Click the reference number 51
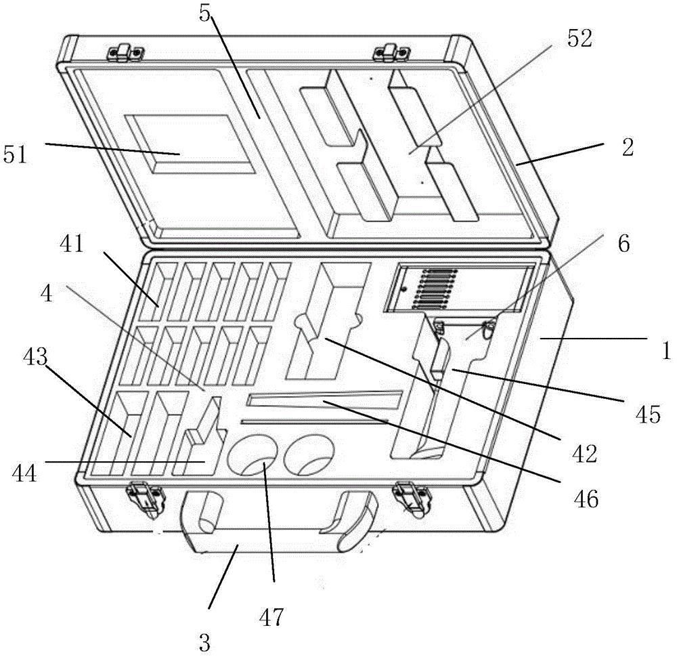16,154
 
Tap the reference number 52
580,39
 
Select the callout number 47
271,617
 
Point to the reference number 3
204,642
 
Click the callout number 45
648,415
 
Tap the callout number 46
586,499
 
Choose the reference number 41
72,244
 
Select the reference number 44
24,473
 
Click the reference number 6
624,244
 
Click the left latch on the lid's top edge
125,51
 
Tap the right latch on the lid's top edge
391,51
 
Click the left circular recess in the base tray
253,455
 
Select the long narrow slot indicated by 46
324,400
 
